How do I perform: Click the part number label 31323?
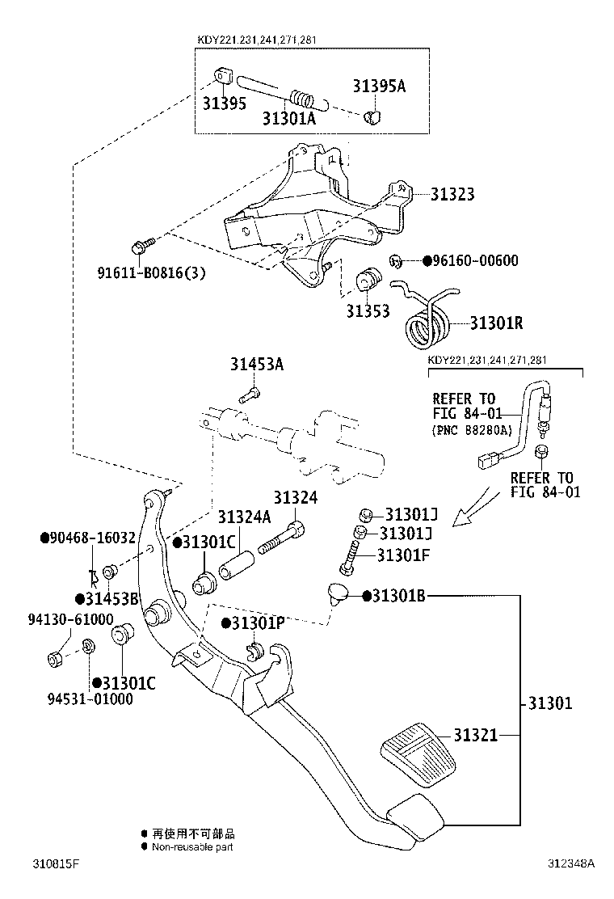tap(452, 194)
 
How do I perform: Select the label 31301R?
tap(497, 323)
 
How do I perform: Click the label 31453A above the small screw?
tap(255, 364)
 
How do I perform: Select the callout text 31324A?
tap(243, 516)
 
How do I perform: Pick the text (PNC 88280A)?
tap(476, 428)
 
